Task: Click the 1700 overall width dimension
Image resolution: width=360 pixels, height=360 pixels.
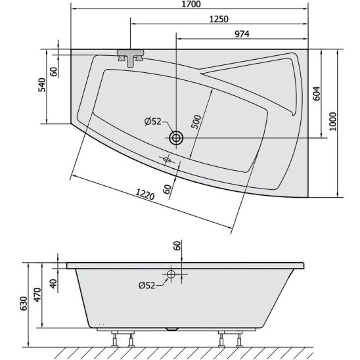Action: click(x=191, y=4)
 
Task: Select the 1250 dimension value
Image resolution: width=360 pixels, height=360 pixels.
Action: click(x=219, y=19)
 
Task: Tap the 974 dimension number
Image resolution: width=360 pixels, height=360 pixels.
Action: click(x=242, y=34)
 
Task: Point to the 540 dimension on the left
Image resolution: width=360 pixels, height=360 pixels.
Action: click(x=42, y=85)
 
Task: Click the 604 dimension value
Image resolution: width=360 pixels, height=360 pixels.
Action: click(x=317, y=93)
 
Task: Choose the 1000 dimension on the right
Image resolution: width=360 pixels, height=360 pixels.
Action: click(x=332, y=122)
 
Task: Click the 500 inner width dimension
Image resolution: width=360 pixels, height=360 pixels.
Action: click(x=196, y=122)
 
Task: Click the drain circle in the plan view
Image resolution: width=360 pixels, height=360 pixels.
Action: click(x=176, y=138)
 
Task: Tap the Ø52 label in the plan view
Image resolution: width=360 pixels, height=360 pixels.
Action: click(x=153, y=122)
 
